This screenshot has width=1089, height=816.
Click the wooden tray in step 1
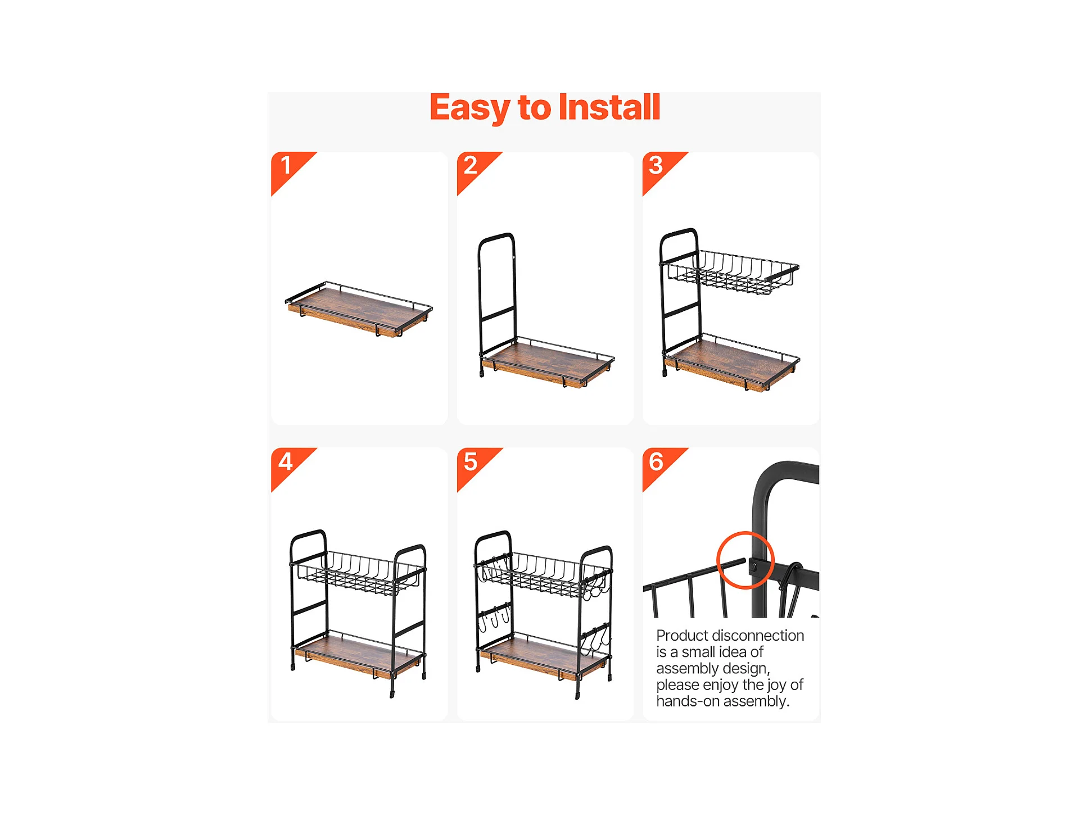[x=359, y=310]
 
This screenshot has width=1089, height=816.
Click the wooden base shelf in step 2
[x=548, y=362]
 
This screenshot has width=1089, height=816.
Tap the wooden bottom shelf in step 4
[x=359, y=655]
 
